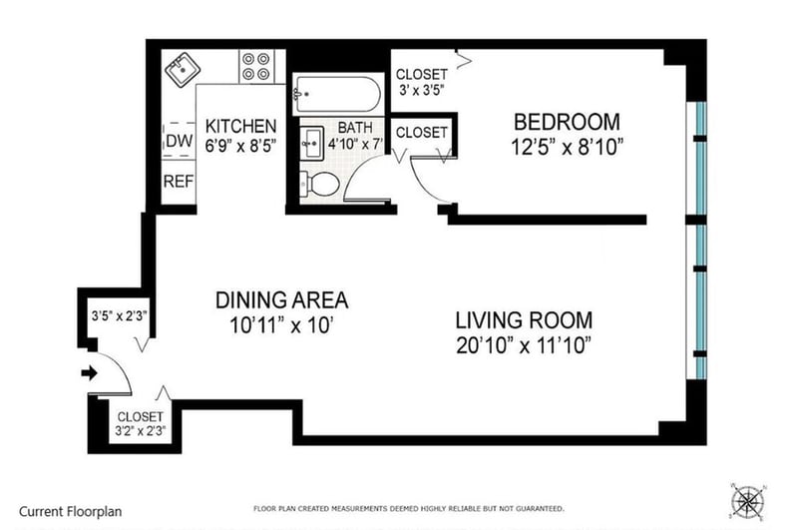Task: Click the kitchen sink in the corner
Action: coord(183,70)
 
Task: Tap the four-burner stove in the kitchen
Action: coord(256,66)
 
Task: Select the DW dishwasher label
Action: coord(180,141)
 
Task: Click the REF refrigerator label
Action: coord(179,182)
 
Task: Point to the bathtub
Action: coord(337,95)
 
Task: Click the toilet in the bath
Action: coord(320,184)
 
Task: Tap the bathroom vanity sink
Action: coord(311,144)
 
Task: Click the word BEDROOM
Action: coord(567,122)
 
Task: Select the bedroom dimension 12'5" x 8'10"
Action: coord(567,147)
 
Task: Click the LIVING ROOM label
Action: coord(524,320)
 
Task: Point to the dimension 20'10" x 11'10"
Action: coord(523,345)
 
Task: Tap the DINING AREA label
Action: coord(282,300)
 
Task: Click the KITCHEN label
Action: coord(240,126)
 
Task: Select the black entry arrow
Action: coord(90,373)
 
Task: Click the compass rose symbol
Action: coord(747,502)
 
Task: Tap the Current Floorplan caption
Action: coord(70,511)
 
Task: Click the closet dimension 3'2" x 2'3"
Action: coord(141,431)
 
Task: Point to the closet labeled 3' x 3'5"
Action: coord(421,82)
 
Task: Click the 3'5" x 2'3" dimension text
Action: coord(119,316)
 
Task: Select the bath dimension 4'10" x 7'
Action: coord(355,144)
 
